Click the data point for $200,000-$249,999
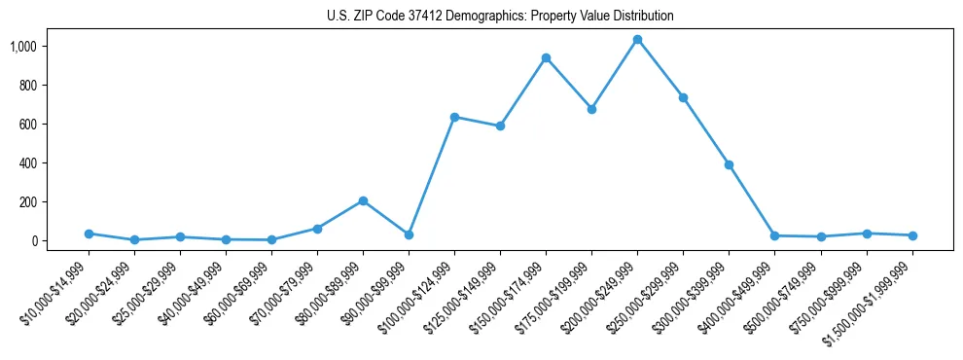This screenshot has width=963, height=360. click(x=637, y=40)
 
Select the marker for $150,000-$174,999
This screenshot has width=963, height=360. click(x=546, y=58)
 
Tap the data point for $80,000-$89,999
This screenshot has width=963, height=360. click(x=363, y=201)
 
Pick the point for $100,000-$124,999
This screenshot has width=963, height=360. click(x=454, y=117)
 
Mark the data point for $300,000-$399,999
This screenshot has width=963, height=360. click(x=729, y=165)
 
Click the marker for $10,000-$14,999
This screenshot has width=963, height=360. click(x=89, y=234)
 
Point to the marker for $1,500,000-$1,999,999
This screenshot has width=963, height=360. click(x=912, y=235)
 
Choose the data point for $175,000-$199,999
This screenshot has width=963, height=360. click(x=591, y=109)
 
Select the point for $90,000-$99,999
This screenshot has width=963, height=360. click(x=409, y=234)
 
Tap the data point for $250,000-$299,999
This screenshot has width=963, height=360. click(x=683, y=97)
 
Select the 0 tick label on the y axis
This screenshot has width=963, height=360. click(x=61, y=241)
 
